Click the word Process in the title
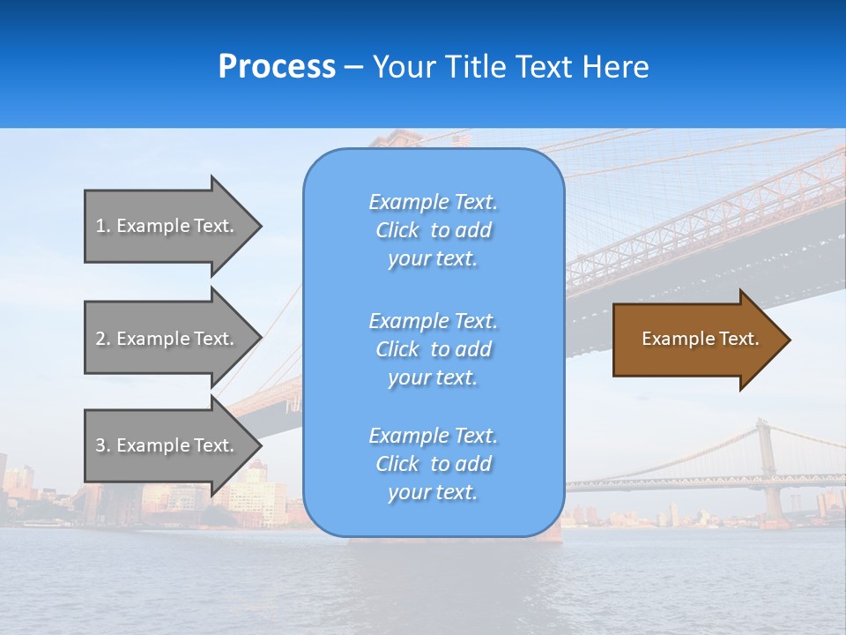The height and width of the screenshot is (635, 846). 277,67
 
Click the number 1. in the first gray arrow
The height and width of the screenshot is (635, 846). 103,226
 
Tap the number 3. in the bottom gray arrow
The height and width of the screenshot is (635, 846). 103,445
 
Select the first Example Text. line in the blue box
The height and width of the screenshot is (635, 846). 433,202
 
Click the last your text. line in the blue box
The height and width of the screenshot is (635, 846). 433,492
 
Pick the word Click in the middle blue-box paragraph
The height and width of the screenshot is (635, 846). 397,349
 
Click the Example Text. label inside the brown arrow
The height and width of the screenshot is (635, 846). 701,339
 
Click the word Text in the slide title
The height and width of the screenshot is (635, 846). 542,67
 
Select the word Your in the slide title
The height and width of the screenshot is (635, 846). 404,67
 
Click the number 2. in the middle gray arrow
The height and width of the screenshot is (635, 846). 103,339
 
